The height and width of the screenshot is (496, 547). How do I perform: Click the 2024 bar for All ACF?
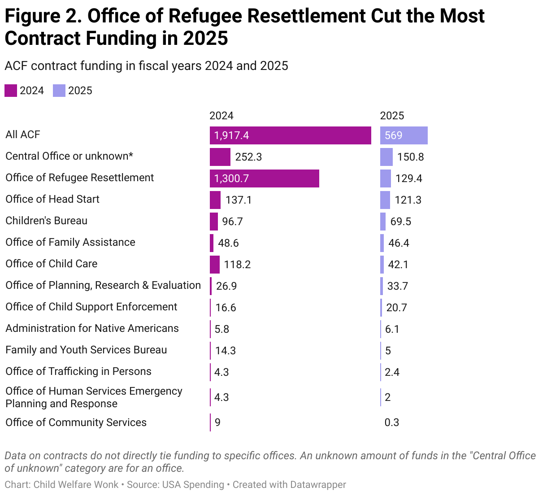click(x=290, y=135)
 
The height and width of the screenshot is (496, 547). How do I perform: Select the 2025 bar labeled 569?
click(x=404, y=135)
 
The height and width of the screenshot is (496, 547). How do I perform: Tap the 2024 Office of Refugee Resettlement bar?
click(x=264, y=178)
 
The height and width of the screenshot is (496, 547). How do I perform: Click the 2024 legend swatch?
click(x=11, y=91)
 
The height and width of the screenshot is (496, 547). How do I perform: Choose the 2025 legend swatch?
click(x=59, y=91)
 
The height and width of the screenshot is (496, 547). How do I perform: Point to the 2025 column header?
click(x=392, y=116)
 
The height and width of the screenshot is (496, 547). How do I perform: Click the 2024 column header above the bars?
click(x=221, y=116)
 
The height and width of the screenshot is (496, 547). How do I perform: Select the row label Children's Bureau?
click(x=46, y=221)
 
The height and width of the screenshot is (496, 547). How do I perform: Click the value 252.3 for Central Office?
click(x=248, y=157)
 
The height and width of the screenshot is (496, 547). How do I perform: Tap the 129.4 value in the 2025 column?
click(x=408, y=178)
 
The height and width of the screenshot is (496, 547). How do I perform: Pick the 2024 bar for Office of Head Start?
click(x=215, y=200)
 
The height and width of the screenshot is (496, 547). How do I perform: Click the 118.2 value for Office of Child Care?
click(x=237, y=265)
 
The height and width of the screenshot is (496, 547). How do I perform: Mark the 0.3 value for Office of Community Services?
click(x=391, y=422)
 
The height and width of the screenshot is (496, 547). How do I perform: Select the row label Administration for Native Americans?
click(x=92, y=328)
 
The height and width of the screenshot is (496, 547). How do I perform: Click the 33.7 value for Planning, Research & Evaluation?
click(x=398, y=286)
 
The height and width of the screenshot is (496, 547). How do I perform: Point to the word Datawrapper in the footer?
click(x=318, y=485)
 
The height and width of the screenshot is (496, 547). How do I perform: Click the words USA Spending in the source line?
click(x=193, y=485)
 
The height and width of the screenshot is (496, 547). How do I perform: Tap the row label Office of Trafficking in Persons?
click(x=78, y=371)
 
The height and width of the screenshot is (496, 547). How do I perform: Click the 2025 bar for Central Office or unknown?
click(x=386, y=157)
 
